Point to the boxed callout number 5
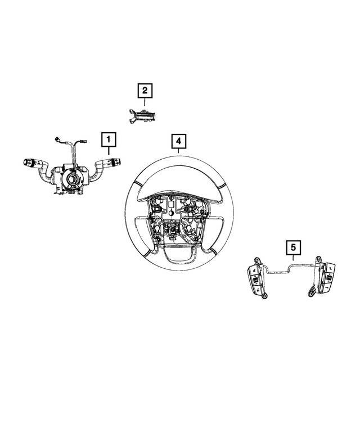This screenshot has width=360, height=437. tap(293, 246)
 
